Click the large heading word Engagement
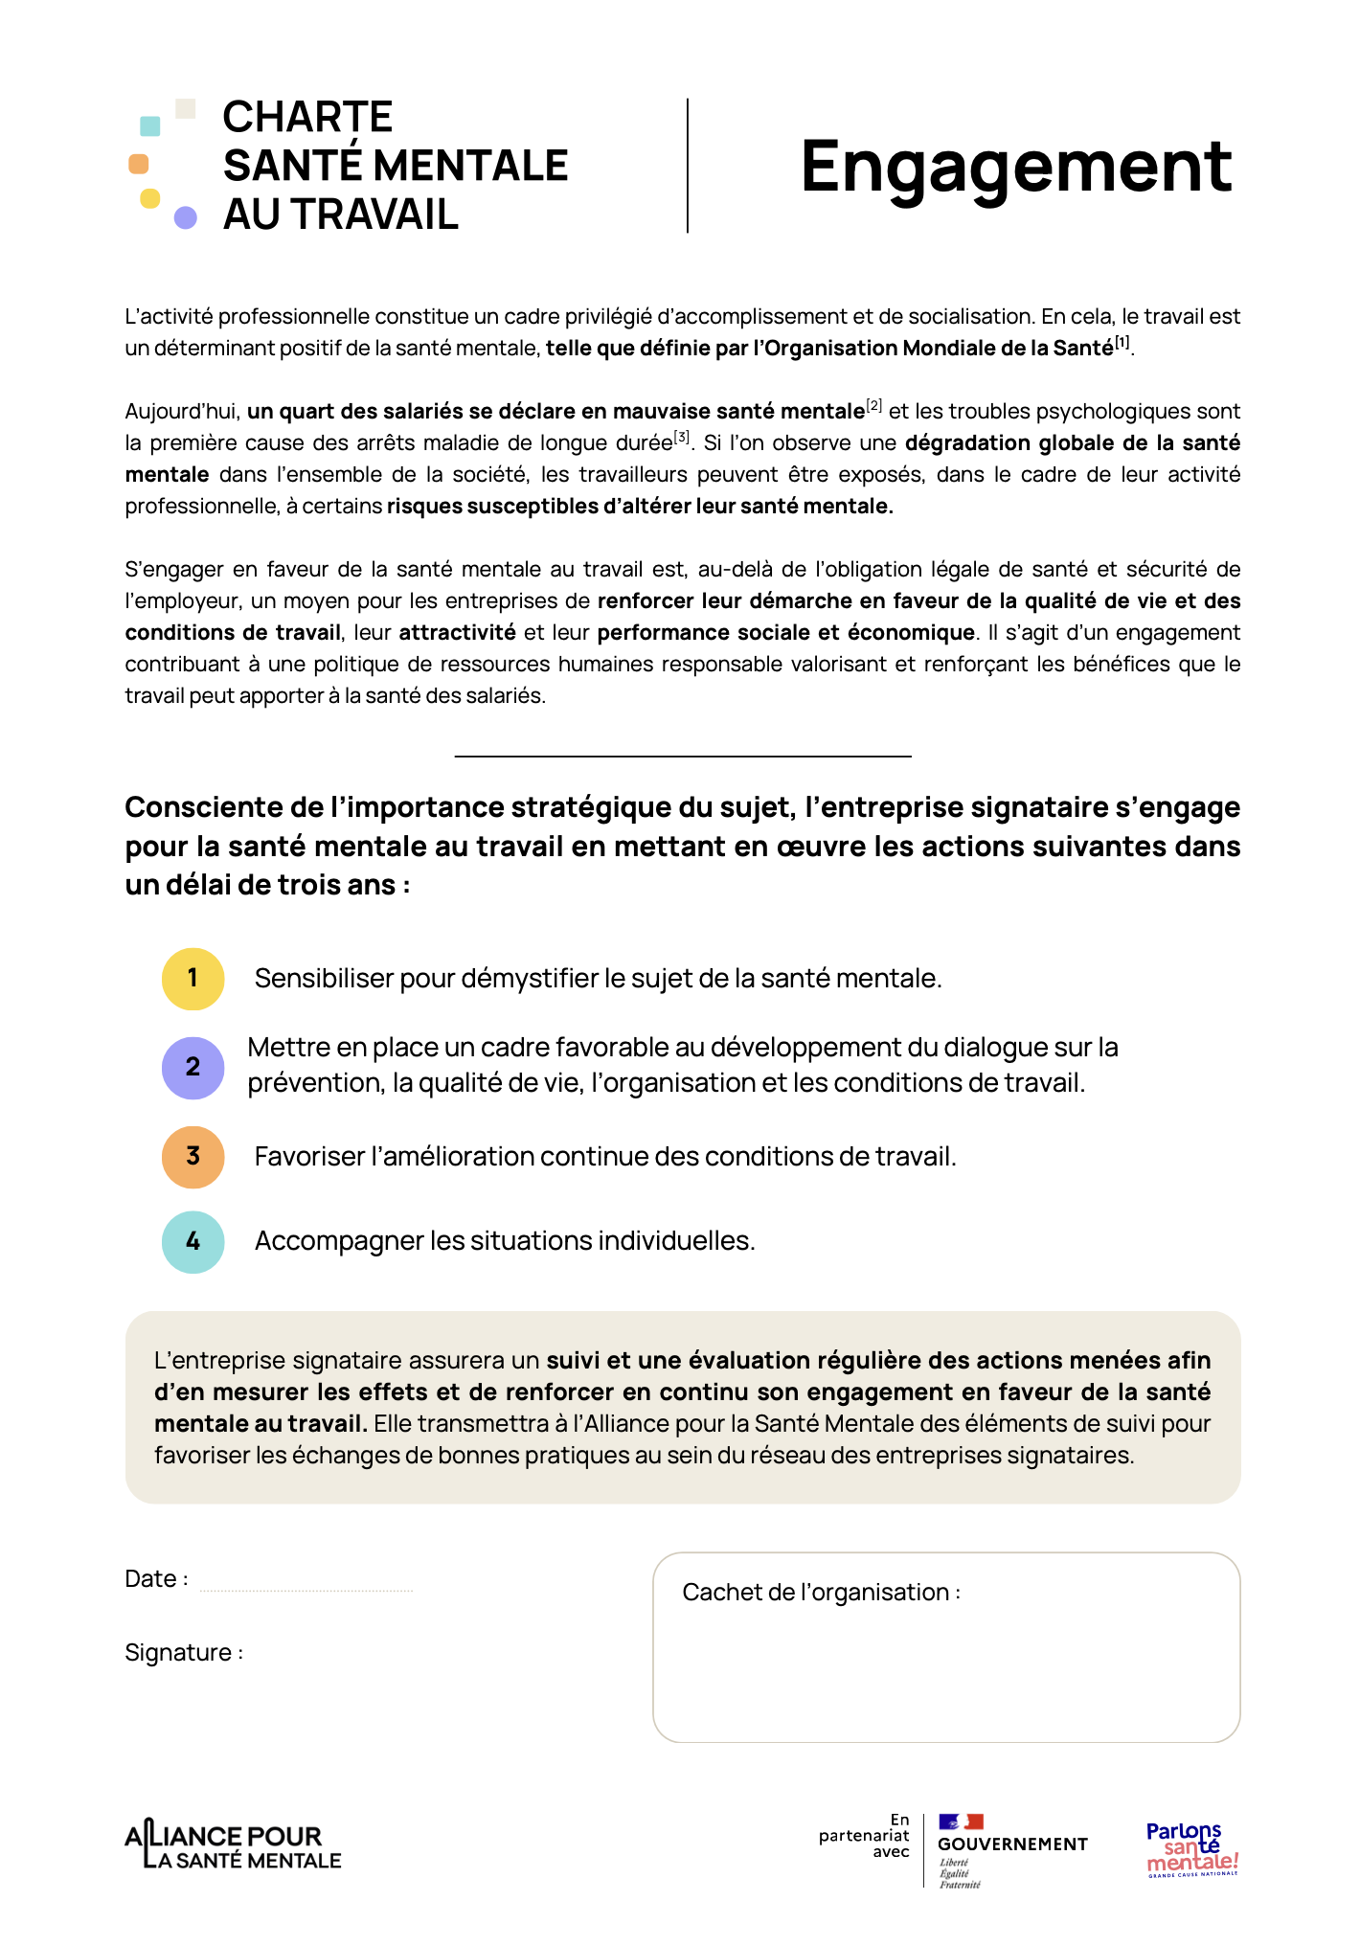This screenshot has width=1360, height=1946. pyautogui.click(x=1015, y=168)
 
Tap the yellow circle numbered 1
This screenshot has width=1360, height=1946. pyautogui.click(x=193, y=979)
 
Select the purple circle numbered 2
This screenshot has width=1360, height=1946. pyautogui.click(x=193, y=1067)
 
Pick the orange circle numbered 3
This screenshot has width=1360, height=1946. pyautogui.click(x=193, y=1157)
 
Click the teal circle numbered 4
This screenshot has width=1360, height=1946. pyautogui.click(x=193, y=1241)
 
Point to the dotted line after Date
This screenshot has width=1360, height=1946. pyautogui.click(x=306, y=1588)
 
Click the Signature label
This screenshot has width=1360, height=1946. pyautogui.click(x=182, y=1653)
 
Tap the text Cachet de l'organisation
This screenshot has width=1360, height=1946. pyautogui.click(x=820, y=1593)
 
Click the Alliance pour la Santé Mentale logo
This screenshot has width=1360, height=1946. pyautogui.click(x=233, y=1846)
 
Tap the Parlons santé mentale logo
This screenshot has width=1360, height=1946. pyautogui.click(x=1192, y=1848)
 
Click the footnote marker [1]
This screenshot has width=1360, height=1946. pyautogui.click(x=1122, y=342)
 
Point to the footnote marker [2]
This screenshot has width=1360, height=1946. pyautogui.click(x=873, y=405)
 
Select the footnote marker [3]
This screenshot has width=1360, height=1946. pyautogui.click(x=681, y=437)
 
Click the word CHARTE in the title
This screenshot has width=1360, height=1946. pyautogui.click(x=307, y=118)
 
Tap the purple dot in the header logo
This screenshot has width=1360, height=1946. pyautogui.click(x=186, y=218)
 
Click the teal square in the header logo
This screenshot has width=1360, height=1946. pyautogui.click(x=150, y=125)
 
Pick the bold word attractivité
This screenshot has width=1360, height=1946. pyautogui.click(x=457, y=633)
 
